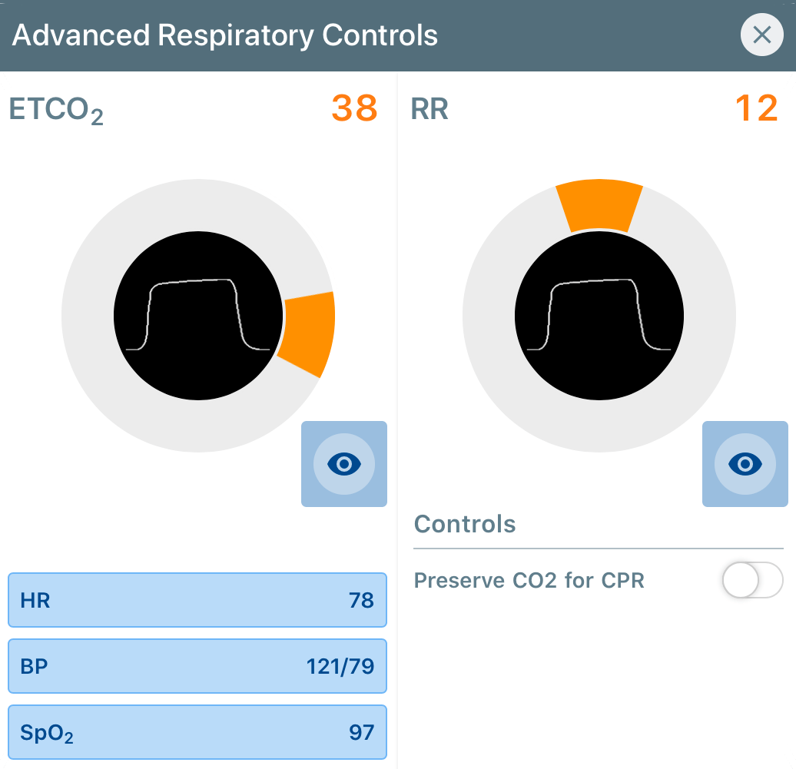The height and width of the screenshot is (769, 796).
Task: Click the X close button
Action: coord(761,35)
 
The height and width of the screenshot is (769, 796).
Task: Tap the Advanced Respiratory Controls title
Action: coord(225,35)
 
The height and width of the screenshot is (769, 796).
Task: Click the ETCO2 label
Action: coord(55,111)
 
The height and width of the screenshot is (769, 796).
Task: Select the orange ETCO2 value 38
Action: coord(354,109)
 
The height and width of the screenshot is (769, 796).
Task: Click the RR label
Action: coord(430,110)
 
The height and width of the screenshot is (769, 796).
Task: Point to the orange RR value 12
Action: coord(756,109)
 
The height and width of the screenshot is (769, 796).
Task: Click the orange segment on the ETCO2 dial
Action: coord(307,333)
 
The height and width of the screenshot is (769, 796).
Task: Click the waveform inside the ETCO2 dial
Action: coord(197,315)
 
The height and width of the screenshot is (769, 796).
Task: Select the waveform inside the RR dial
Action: coord(599,315)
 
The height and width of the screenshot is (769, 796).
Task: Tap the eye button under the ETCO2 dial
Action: coord(343,463)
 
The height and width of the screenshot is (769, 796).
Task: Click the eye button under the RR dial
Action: coord(745,463)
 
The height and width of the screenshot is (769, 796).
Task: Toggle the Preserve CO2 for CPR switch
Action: coord(752,580)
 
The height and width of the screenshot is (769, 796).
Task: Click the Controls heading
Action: coord(465,525)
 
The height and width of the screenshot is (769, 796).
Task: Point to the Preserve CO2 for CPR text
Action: coord(529,580)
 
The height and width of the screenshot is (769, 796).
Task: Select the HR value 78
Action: coord(360,600)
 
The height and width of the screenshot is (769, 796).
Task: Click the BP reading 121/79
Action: coord(340,666)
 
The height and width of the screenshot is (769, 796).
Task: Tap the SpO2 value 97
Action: coord(360,732)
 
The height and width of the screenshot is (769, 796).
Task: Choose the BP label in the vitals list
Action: coord(35,666)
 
